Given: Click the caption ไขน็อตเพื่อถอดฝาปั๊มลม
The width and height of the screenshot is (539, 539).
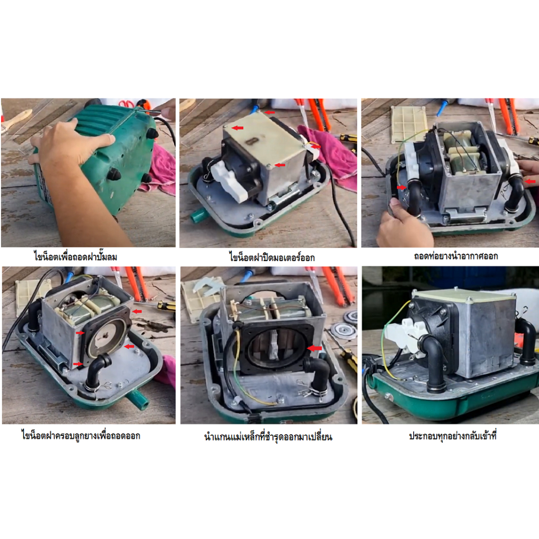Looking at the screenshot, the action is click(76, 256).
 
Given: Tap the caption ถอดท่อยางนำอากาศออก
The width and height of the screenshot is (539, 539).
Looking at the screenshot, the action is click(455, 256).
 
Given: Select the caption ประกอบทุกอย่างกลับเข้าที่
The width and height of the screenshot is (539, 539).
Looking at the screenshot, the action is click(453, 436).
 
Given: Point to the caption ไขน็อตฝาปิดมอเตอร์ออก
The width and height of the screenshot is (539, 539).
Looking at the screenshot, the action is click(272, 257).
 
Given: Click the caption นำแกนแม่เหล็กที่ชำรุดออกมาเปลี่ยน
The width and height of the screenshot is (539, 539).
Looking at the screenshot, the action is click(268, 436).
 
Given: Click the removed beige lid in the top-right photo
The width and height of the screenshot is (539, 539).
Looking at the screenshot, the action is click(408, 124).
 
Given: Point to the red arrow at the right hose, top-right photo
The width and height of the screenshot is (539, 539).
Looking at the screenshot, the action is click(530, 181).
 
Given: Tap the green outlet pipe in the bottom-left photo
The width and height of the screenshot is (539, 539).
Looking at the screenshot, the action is click(137, 399).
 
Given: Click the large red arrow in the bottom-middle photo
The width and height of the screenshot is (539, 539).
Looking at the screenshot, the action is click(314, 348).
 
